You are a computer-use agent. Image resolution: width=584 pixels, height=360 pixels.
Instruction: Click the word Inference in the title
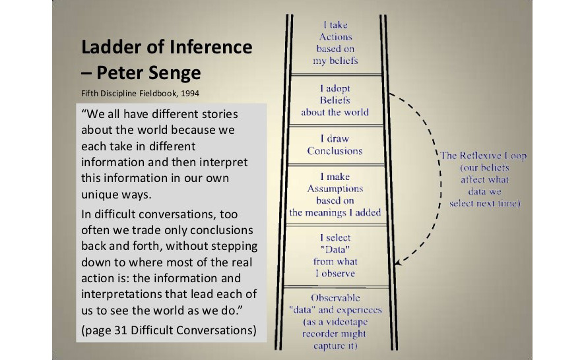point(211,47)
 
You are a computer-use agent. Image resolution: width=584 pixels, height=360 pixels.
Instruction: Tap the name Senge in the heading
point(175,73)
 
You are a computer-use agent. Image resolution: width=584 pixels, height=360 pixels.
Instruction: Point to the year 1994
point(190,93)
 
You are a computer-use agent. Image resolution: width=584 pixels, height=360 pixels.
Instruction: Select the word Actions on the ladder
point(336,37)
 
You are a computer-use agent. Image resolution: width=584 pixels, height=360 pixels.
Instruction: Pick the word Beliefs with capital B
point(335,100)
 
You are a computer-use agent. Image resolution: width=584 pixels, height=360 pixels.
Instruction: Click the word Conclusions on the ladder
point(335,151)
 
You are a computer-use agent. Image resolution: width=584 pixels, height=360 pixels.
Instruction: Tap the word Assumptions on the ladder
point(335,189)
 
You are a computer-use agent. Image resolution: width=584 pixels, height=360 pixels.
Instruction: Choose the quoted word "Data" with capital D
point(335,249)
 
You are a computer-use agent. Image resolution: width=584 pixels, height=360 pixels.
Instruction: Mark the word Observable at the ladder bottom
point(336,298)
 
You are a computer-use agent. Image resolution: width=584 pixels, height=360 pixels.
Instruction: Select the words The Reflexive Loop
point(484,156)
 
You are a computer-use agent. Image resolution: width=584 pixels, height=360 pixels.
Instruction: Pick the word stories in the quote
point(220,113)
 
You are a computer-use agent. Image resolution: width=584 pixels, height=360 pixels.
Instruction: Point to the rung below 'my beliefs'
point(337,75)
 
